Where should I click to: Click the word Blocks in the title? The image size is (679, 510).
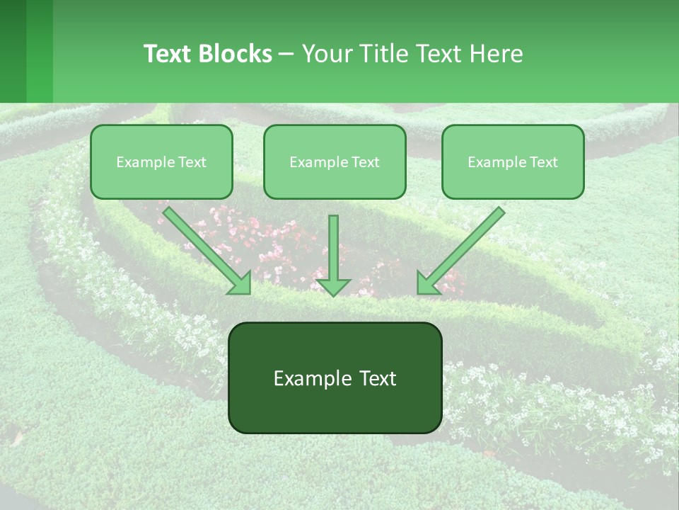[235, 54]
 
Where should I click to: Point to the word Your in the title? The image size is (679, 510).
[327, 54]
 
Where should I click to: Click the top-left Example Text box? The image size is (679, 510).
[161, 162]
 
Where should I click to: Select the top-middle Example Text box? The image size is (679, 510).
[335, 162]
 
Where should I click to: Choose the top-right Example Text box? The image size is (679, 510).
[513, 162]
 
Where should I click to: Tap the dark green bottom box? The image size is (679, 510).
[335, 378]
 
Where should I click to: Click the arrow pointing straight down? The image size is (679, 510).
[333, 251]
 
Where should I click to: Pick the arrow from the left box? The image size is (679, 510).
[205, 248]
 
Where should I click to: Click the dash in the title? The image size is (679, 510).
[286, 54]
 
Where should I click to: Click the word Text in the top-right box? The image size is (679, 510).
[544, 162]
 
